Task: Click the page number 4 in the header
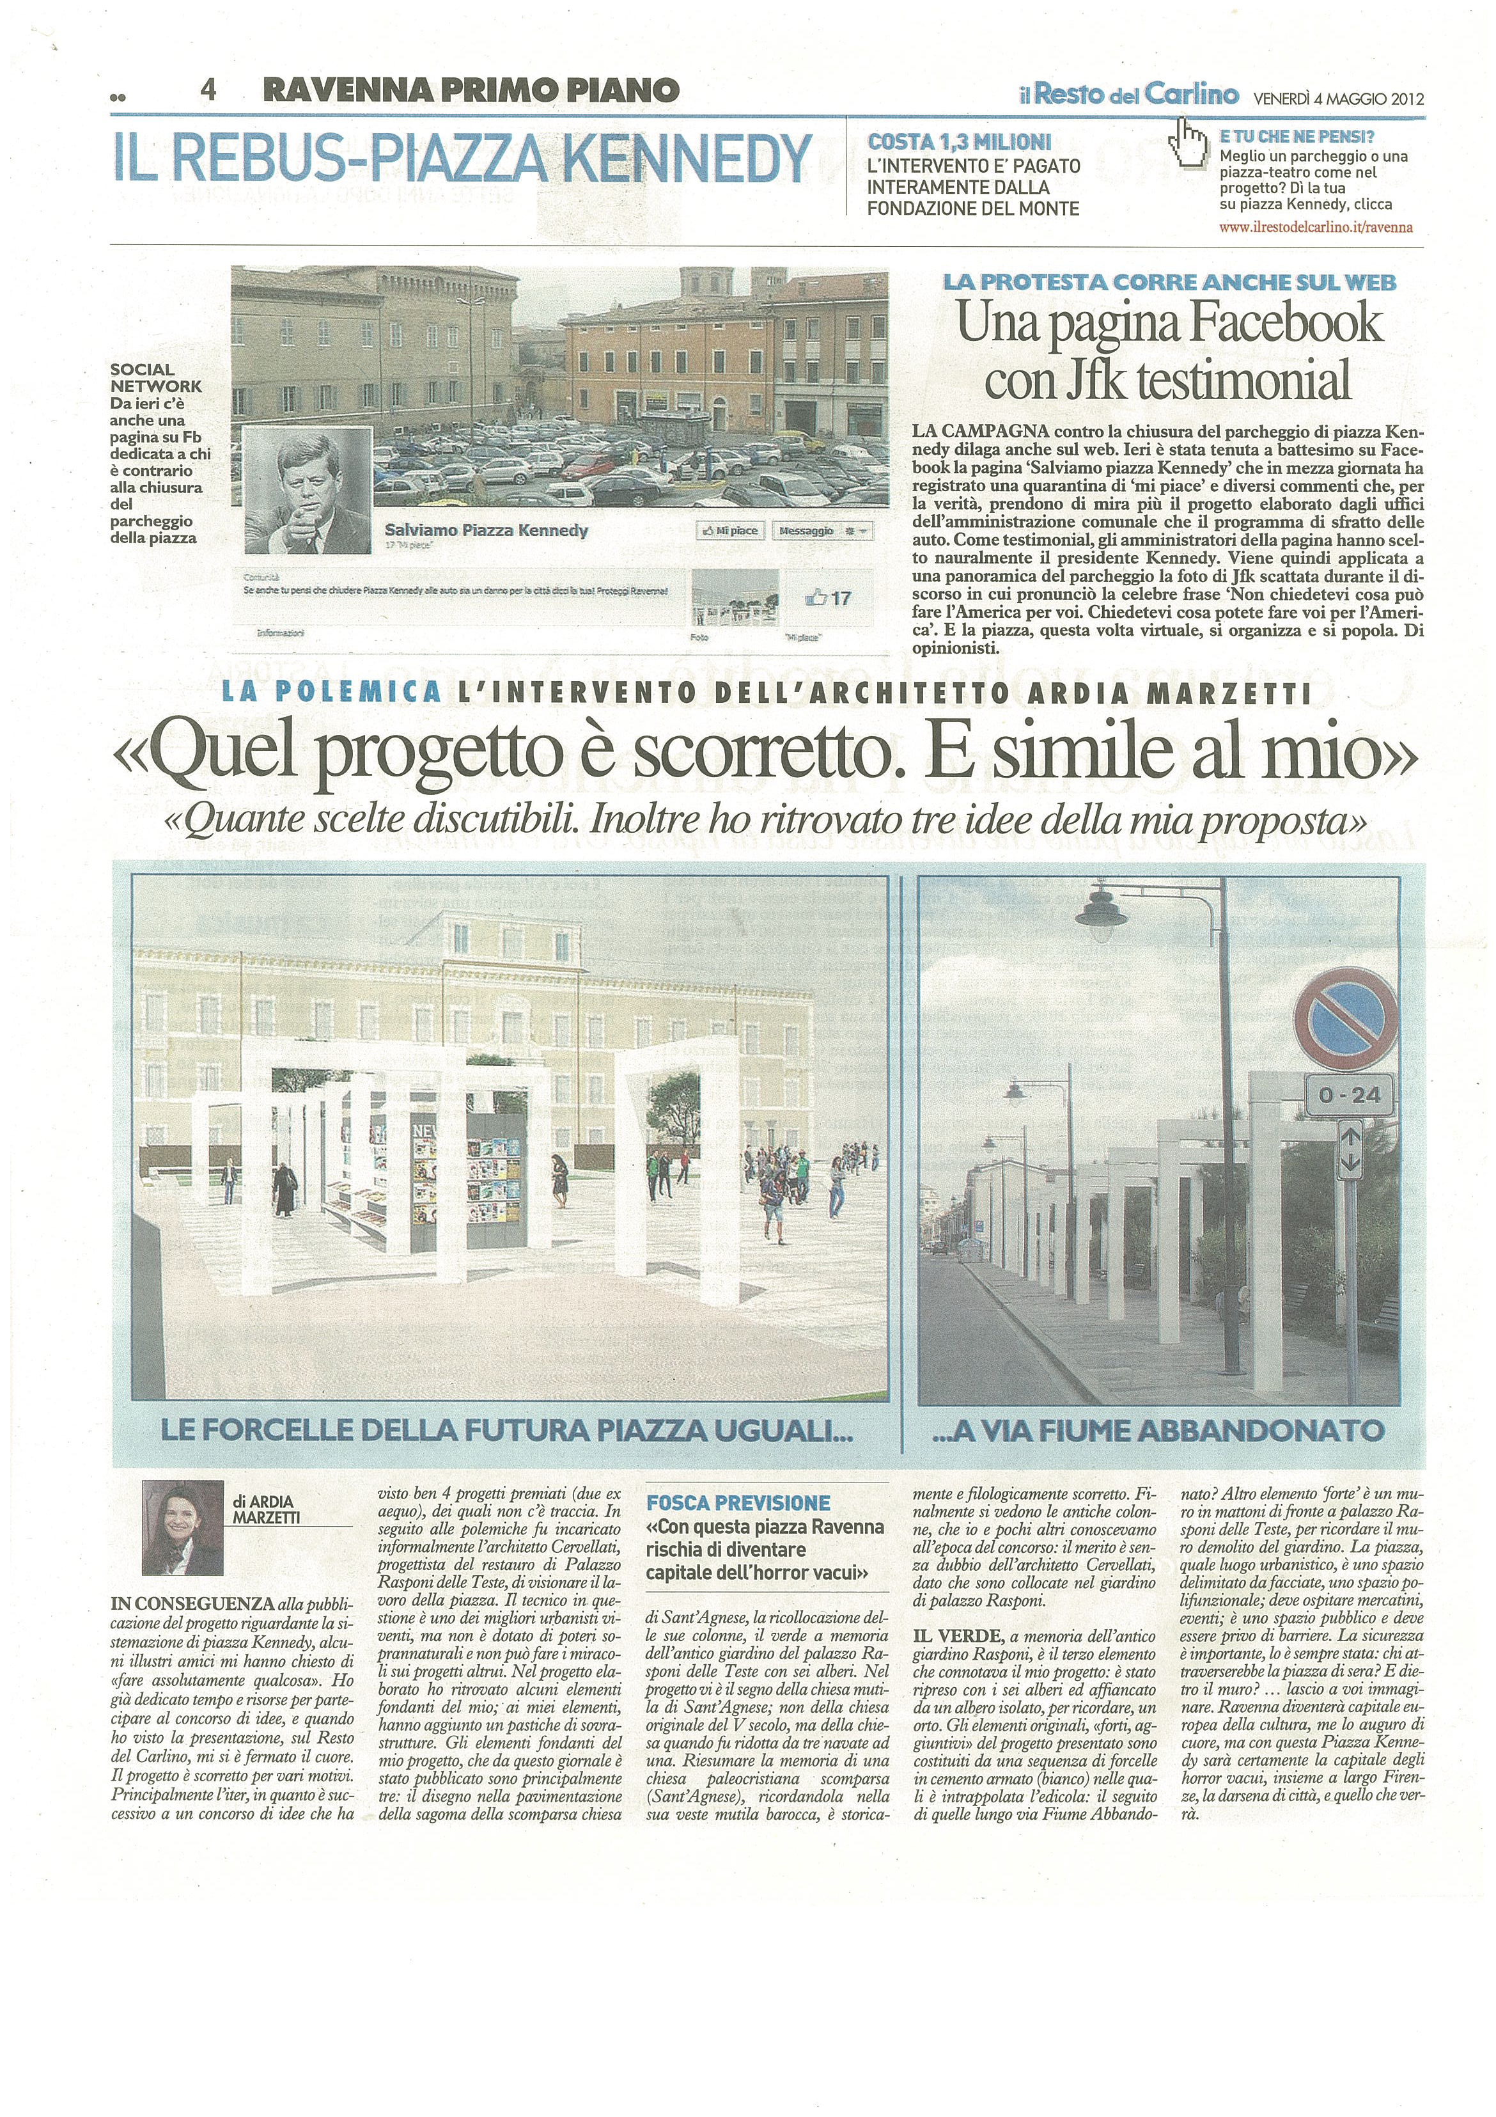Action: click(208, 90)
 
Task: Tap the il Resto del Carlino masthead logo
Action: click(1128, 94)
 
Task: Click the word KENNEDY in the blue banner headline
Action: click(687, 159)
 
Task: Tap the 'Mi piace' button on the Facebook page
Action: click(730, 531)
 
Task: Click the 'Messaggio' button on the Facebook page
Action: click(807, 531)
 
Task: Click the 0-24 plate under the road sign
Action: click(1348, 1096)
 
